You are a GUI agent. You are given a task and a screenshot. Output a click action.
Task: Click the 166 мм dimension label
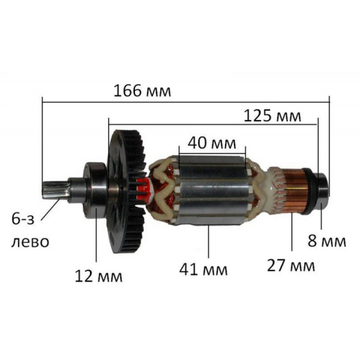pyautogui.click(x=142, y=91)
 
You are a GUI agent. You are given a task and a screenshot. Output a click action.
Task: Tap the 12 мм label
pyautogui.click(x=97, y=276)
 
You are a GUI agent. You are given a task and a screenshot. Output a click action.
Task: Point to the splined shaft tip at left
pyautogui.click(x=53, y=190)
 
